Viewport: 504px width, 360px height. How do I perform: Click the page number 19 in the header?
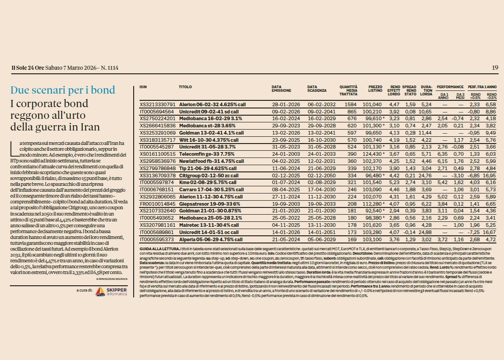pyautogui.click(x=495, y=68)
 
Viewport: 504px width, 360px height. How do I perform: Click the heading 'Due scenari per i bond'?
pyautogui.click(x=63, y=90)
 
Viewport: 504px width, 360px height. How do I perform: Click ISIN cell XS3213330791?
pyautogui.click(x=157, y=104)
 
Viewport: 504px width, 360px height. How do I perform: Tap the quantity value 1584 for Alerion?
pyautogui.click(x=350, y=104)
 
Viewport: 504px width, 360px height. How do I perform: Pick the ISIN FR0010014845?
pyautogui.click(x=157, y=203)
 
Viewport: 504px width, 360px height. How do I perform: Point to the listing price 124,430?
pyautogui.click(x=372, y=154)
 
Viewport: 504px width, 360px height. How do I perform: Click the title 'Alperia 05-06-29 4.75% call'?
pyautogui.click(x=211, y=239)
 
